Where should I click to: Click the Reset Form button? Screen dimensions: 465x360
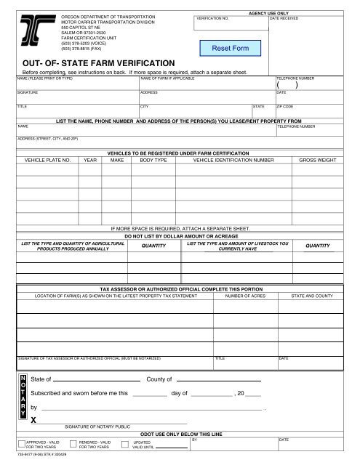pos(231,48)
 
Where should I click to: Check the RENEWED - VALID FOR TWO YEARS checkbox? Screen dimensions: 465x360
pos(73,443)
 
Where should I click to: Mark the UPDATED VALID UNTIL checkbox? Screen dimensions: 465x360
pos(128,443)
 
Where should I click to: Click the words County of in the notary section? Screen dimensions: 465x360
pos(159,379)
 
